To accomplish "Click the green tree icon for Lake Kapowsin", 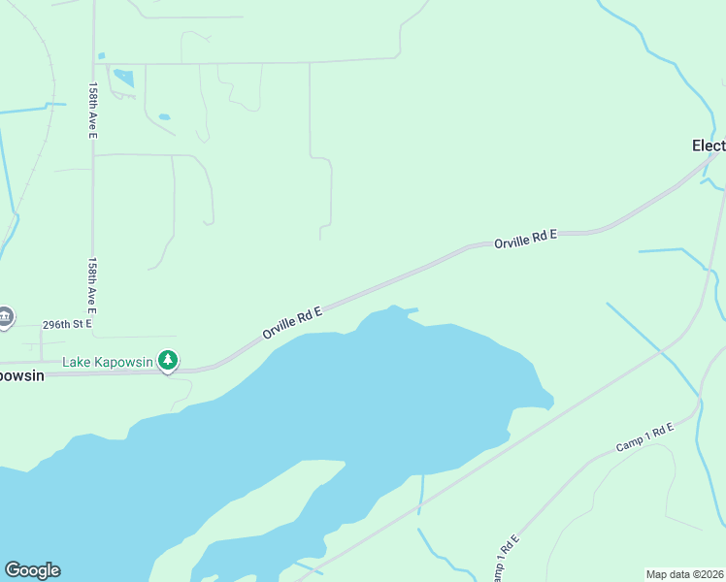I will pyautogui.click(x=169, y=361).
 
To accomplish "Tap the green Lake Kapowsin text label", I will pyautogui.click(x=108, y=362).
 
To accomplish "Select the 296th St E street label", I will pyautogui.click(x=67, y=324).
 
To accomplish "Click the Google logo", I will pyautogui.click(x=32, y=570).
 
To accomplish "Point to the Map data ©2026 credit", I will pyautogui.click(x=684, y=574).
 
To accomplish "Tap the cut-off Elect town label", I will pyautogui.click(x=708, y=145).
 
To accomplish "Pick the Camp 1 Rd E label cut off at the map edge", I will pyautogui.click(x=504, y=558).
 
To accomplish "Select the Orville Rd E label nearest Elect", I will pyautogui.click(x=525, y=239).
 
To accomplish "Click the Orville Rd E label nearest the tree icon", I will pyautogui.click(x=291, y=321).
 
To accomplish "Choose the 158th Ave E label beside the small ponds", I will pyautogui.click(x=93, y=110).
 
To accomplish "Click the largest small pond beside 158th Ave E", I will pyautogui.click(x=123, y=78).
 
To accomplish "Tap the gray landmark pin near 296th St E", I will pyautogui.click(x=5, y=316).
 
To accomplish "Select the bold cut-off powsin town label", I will pyautogui.click(x=22, y=375).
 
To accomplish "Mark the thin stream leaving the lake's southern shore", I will pyautogui.click(x=421, y=495).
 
